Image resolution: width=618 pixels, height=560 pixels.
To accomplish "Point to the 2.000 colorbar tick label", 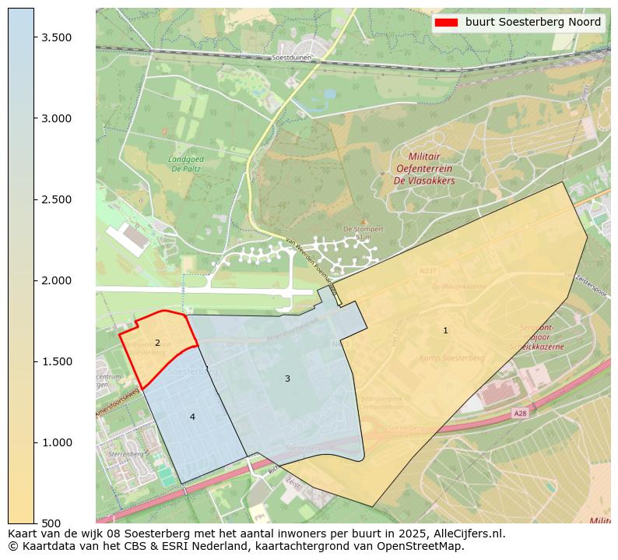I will [x=58, y=280].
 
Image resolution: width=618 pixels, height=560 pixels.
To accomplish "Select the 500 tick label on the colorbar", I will [x=51, y=523].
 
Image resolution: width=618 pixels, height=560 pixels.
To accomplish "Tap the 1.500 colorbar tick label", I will [x=58, y=361].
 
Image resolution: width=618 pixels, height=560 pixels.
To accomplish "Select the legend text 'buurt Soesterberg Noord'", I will [x=533, y=22].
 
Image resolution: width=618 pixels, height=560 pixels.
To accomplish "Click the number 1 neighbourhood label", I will [x=445, y=330].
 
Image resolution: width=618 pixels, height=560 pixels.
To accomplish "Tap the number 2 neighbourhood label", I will [x=157, y=343].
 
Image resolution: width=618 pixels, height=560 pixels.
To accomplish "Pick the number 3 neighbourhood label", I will [x=287, y=379].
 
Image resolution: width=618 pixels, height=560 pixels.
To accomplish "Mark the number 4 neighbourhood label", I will [x=192, y=417].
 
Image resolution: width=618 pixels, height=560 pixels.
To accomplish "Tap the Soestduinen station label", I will [x=292, y=58].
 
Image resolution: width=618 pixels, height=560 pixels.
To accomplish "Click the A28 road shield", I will [x=520, y=414].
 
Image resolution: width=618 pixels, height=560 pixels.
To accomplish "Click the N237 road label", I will [x=428, y=271].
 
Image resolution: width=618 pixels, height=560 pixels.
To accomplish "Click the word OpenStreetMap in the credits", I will [x=424, y=546].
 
